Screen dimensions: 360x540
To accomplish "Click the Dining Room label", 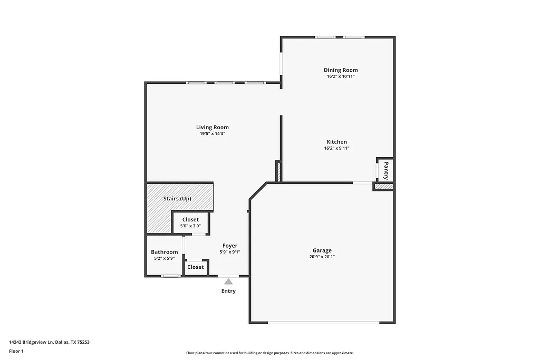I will click(341, 70).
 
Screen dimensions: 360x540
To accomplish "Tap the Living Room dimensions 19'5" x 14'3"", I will click(213, 134).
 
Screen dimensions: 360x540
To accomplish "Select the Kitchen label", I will click(336, 142).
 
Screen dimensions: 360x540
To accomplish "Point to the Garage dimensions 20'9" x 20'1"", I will click(322, 257).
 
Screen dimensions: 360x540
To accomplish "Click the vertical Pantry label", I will click(386, 170).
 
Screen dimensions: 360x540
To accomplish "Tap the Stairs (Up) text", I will click(177, 199).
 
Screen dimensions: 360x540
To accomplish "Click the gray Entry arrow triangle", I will click(228, 282).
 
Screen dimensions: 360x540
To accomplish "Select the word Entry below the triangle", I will click(228, 291).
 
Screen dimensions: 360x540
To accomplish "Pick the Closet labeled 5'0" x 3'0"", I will click(190, 220).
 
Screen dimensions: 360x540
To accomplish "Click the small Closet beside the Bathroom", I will click(195, 267).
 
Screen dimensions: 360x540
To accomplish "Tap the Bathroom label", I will click(164, 252).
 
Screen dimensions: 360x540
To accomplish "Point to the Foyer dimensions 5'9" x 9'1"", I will click(229, 252).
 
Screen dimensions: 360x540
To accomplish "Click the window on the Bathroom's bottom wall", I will click(171, 276).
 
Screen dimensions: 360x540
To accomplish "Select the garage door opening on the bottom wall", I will click(322, 323).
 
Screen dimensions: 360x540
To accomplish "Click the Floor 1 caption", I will click(16, 351).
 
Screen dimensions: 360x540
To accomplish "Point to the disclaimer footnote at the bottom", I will click(269, 353).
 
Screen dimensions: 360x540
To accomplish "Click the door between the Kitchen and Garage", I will click(362, 183).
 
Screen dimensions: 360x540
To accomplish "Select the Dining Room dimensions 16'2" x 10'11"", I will click(341, 76).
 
